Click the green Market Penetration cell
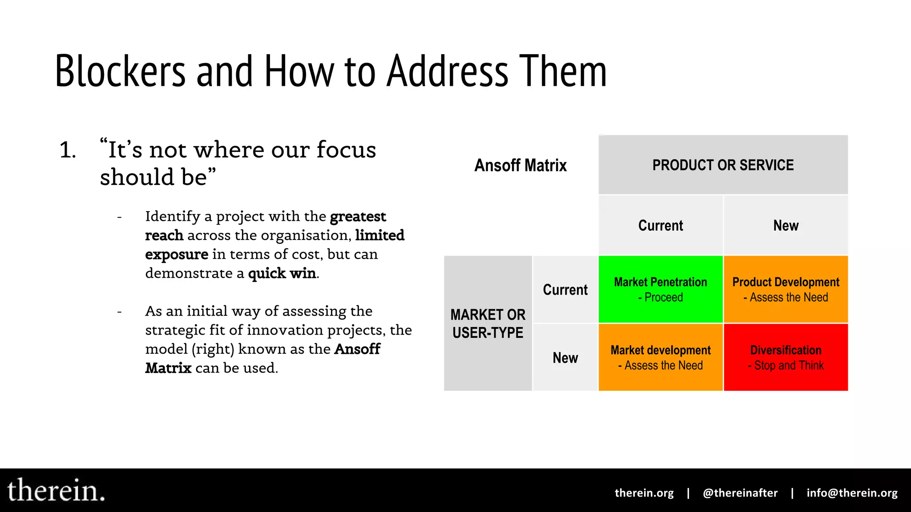click(x=661, y=289)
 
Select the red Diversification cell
click(x=786, y=357)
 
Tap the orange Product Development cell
click(x=786, y=289)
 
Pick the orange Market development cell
click(x=661, y=357)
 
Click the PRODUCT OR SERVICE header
click(x=723, y=165)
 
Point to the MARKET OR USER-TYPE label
click(x=488, y=324)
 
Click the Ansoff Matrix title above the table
click(x=520, y=165)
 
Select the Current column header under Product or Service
click(x=661, y=225)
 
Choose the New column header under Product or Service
click(x=786, y=225)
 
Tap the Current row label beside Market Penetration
click(x=565, y=290)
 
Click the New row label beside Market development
click(x=565, y=358)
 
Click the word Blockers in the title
click(x=120, y=71)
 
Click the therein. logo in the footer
click(x=56, y=491)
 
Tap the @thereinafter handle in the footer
click(x=740, y=493)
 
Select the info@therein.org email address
click(x=852, y=493)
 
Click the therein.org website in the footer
click(x=644, y=493)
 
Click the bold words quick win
click(x=282, y=273)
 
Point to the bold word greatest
click(x=358, y=216)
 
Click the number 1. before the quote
click(x=68, y=150)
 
